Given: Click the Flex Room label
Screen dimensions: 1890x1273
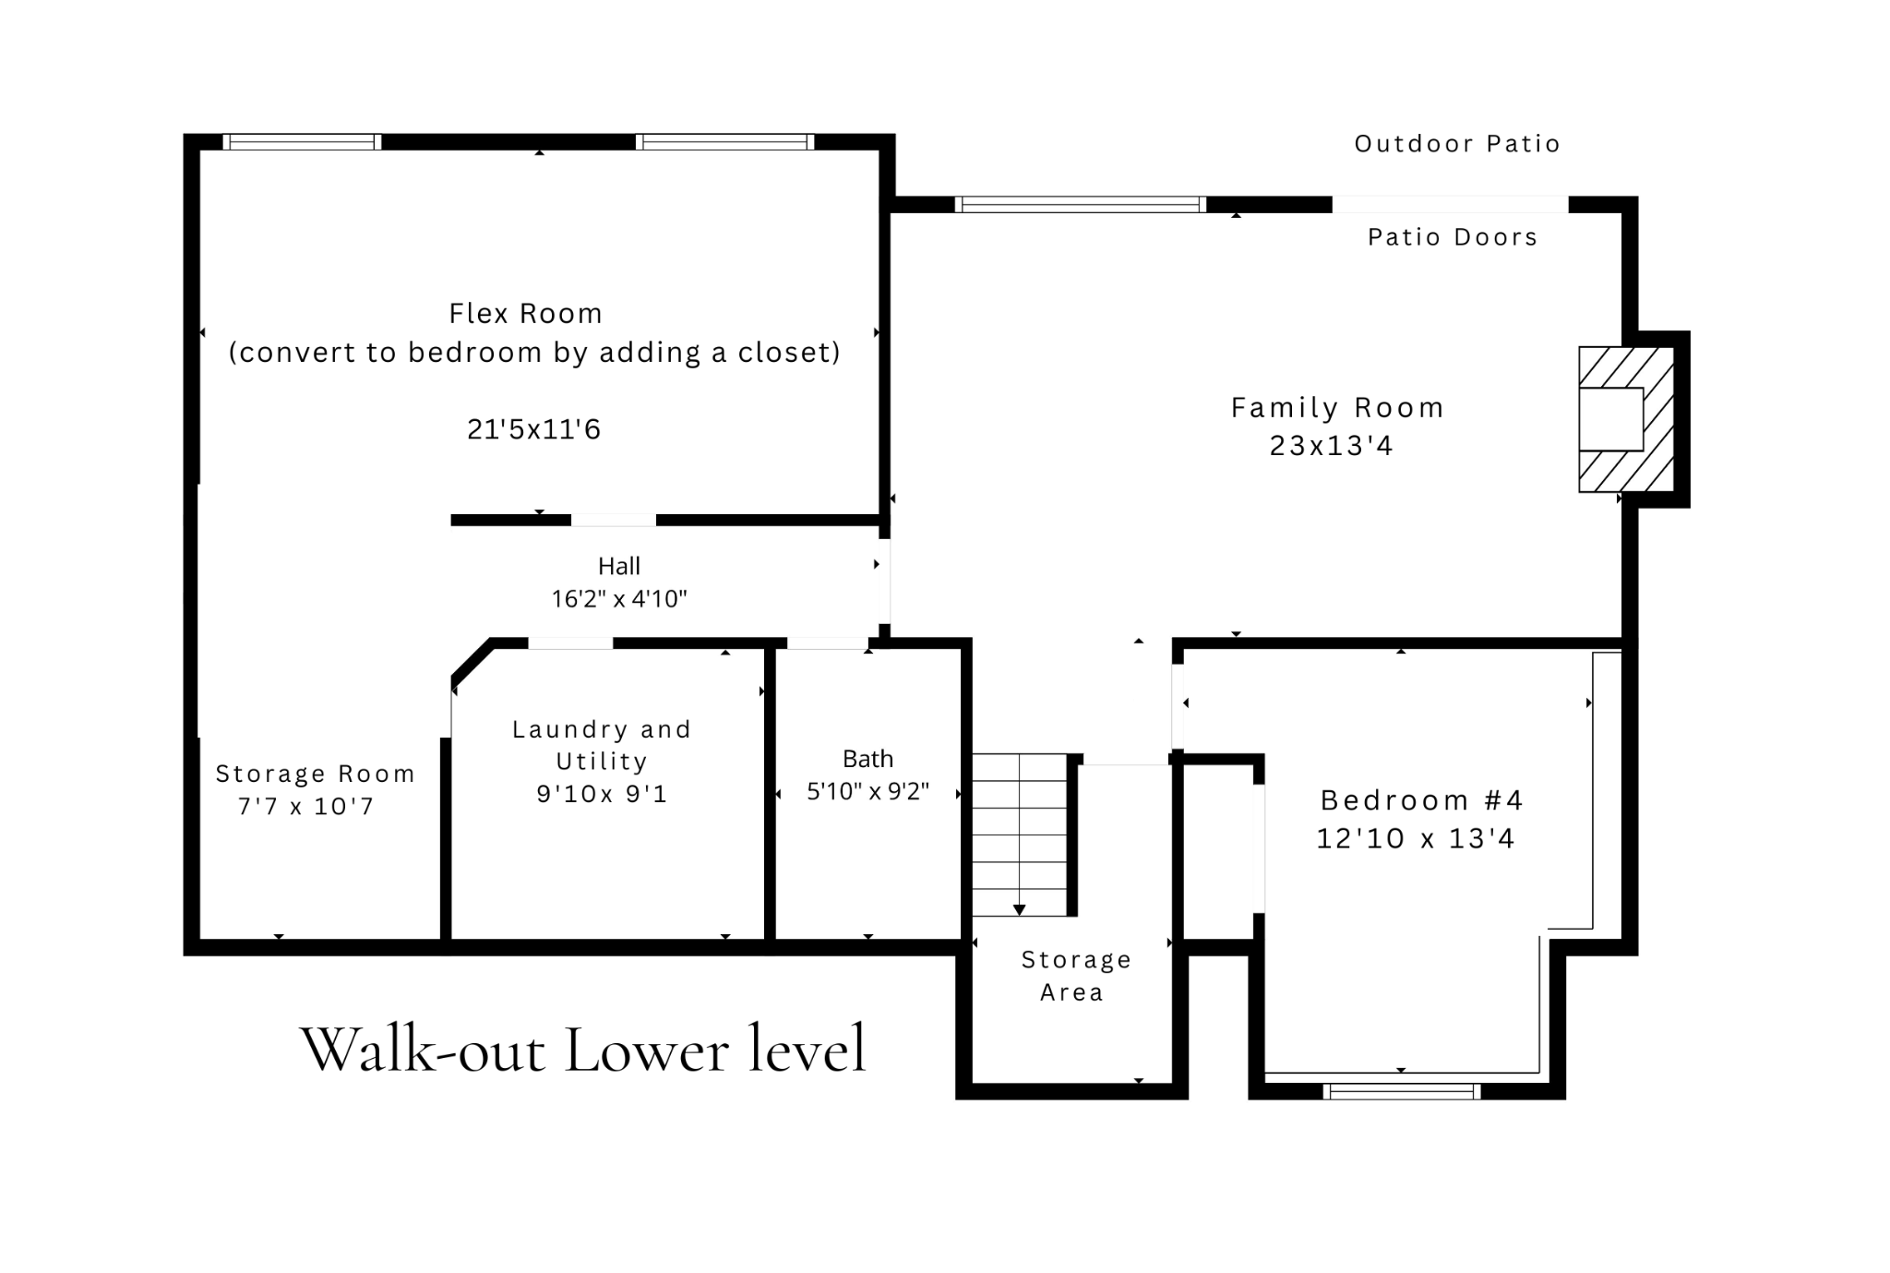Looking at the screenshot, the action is pyautogui.click(x=526, y=314).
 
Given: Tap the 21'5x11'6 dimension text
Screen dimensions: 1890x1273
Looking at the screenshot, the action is pyautogui.click(x=534, y=429).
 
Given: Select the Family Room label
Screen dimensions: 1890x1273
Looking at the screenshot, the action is pyautogui.click(x=1337, y=407).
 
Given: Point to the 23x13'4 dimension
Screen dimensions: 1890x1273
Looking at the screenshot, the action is pyautogui.click(x=1331, y=446).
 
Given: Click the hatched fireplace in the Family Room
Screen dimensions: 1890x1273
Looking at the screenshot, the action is pyautogui.click(x=1626, y=419).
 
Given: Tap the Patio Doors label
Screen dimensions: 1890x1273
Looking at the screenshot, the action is pyautogui.click(x=1453, y=237).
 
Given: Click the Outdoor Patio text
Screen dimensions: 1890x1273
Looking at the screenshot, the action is pyautogui.click(x=1457, y=144).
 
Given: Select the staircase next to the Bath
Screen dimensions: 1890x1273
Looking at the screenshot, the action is pyautogui.click(x=1019, y=835).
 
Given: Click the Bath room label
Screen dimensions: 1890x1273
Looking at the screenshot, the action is pyautogui.click(x=868, y=759).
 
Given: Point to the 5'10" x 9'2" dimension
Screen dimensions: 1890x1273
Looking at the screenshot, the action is pyautogui.click(x=868, y=791).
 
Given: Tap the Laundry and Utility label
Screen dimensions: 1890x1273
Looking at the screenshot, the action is pyautogui.click(x=602, y=745).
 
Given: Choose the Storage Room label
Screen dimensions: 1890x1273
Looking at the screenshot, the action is pyautogui.click(x=315, y=774).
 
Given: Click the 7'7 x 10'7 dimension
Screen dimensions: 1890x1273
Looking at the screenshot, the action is pyautogui.click(x=305, y=806).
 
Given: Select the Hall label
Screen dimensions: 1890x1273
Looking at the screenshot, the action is pyautogui.click(x=619, y=566).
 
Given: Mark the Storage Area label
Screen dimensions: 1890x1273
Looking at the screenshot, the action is pyautogui.click(x=1076, y=976).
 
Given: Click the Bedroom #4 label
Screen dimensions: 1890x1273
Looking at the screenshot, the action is pyautogui.click(x=1421, y=799).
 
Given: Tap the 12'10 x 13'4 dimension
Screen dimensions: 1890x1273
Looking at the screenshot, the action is pyautogui.click(x=1416, y=838).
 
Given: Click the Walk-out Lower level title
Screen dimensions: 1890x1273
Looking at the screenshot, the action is pyautogui.click(x=583, y=1049).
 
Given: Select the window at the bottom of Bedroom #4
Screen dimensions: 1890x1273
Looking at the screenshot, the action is pyautogui.click(x=1402, y=1091).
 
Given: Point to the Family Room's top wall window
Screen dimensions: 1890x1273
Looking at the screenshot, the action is pyautogui.click(x=1081, y=204).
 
